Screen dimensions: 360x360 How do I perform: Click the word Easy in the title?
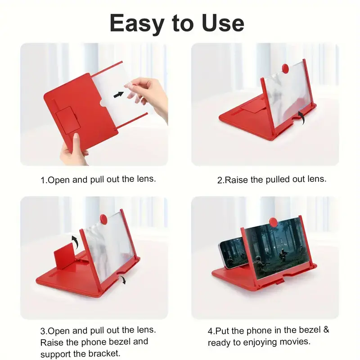tap(137, 23)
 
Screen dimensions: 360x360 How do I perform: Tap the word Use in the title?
tap(223, 23)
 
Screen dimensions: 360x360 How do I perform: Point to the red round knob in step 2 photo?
tap(285, 68)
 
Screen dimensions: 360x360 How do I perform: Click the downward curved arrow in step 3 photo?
tap(123, 279)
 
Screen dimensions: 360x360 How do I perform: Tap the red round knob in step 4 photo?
tap(273, 222)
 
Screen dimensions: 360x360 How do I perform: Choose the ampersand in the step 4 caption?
tap(326, 330)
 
